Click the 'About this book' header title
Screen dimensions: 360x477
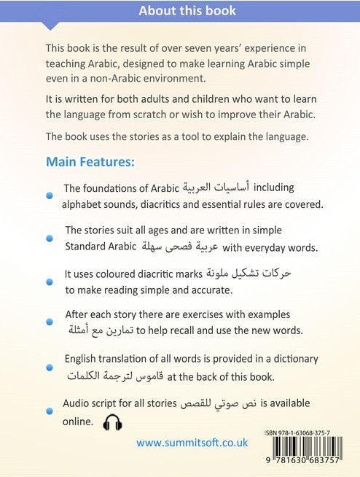pyautogui.click(x=179, y=11)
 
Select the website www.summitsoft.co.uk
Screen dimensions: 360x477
pyautogui.click(x=192, y=443)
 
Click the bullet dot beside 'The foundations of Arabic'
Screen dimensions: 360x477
pyautogui.click(x=50, y=195)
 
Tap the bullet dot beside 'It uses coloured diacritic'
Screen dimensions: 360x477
pyautogui.click(x=50, y=282)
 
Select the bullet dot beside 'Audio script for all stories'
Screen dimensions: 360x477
pyautogui.click(x=50, y=412)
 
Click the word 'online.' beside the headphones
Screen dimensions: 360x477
pyautogui.click(x=79, y=421)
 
